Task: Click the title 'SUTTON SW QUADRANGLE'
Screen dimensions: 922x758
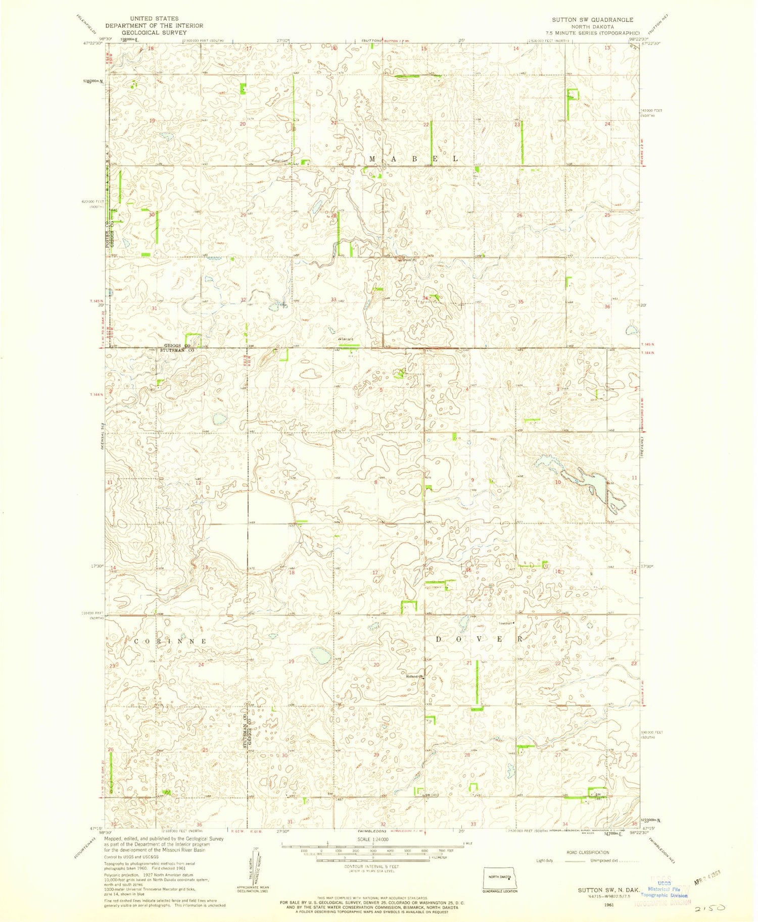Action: (x=592, y=20)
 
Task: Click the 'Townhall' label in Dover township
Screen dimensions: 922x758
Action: (x=506, y=623)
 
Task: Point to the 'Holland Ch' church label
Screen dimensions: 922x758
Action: (x=414, y=676)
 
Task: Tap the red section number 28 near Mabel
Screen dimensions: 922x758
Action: (x=334, y=216)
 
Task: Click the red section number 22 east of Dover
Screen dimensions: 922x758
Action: (x=558, y=663)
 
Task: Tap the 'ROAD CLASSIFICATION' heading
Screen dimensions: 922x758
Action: (x=588, y=852)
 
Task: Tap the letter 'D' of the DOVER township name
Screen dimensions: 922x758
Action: (x=439, y=639)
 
